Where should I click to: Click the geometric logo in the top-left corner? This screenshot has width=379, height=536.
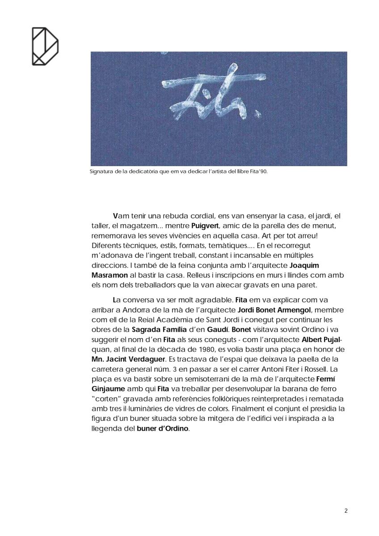45,46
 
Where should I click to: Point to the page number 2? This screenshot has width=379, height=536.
346,511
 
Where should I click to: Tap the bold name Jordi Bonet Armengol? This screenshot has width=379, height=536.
274,310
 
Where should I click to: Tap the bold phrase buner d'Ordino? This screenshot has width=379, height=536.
163,428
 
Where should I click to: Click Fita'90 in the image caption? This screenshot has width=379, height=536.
259,171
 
